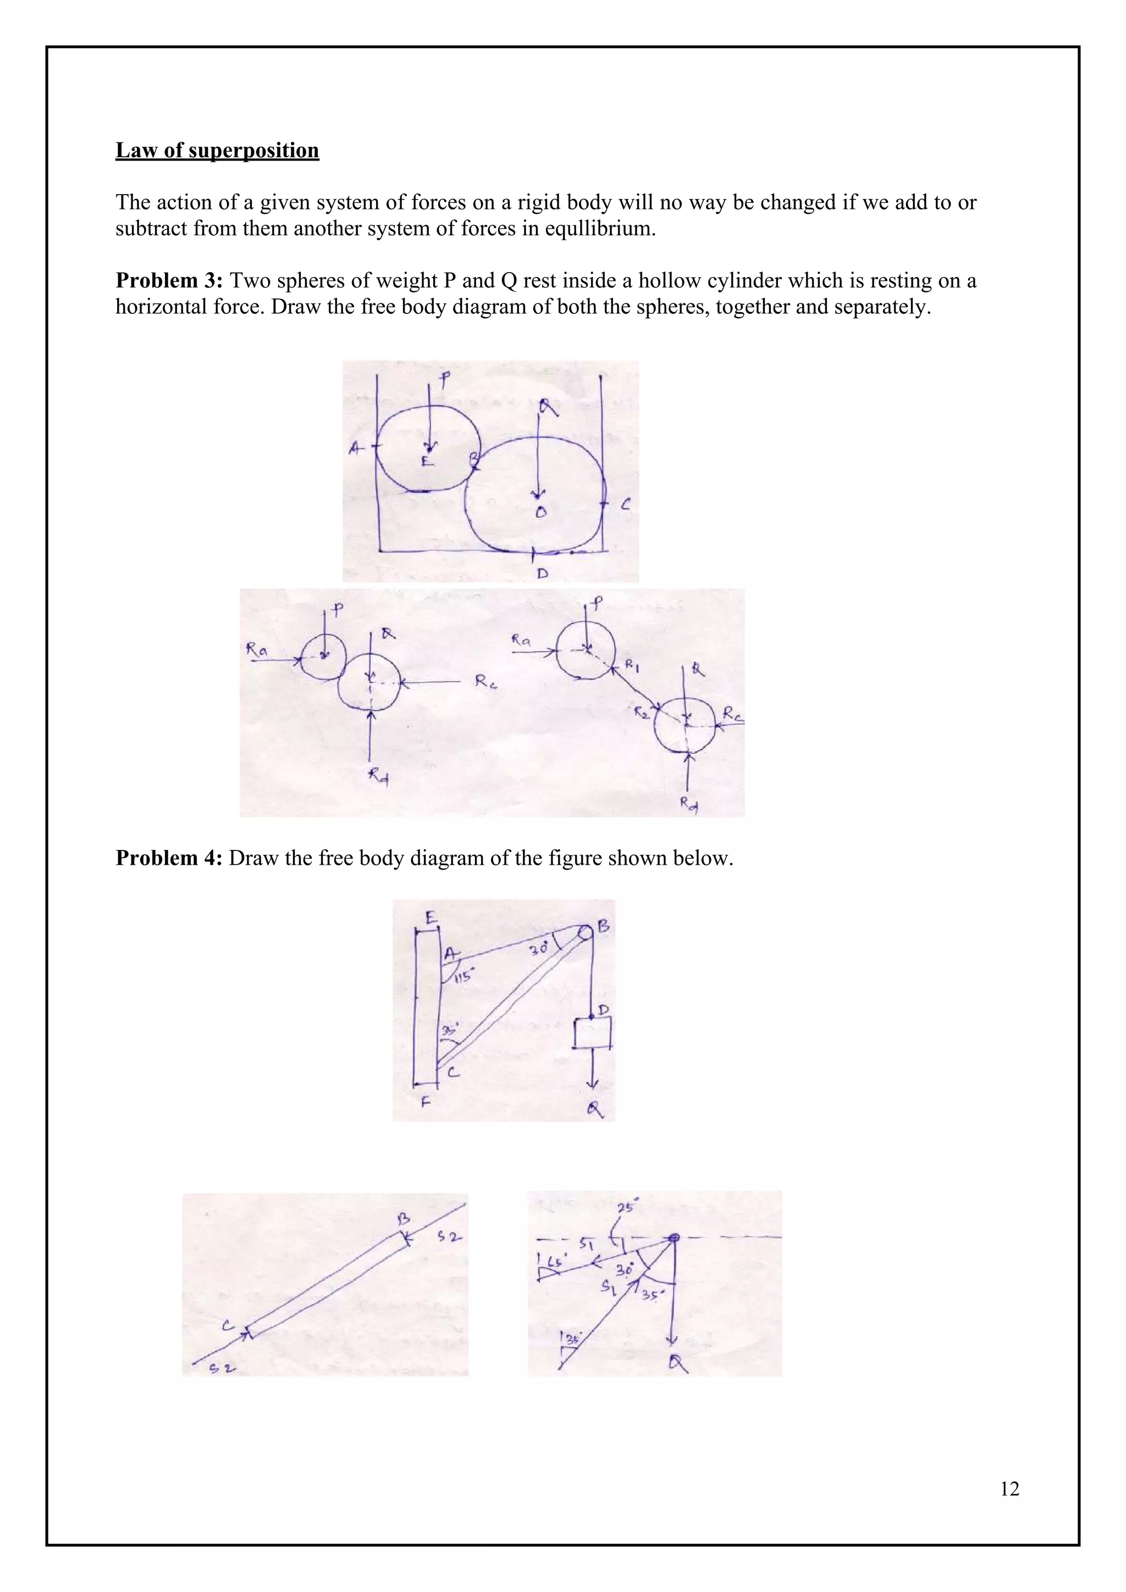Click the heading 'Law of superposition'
[217, 151]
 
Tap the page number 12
[1009, 1489]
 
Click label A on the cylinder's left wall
[356, 449]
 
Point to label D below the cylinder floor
[542, 573]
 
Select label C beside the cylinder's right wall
[625, 506]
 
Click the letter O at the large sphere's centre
[541, 512]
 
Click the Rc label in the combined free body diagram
[484, 682]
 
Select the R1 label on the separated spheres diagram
[631, 665]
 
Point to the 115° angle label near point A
[462, 977]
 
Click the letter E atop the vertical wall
[430, 918]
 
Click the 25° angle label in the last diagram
[627, 1208]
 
